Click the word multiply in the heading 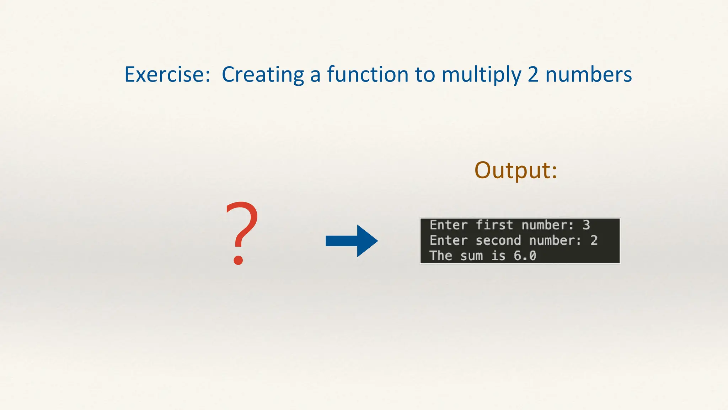point(481,75)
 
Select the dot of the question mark point(238,260)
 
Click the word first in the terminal point(494,225)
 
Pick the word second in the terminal point(498,241)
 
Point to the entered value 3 point(586,225)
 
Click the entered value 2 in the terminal point(594,241)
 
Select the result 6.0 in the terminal point(525,256)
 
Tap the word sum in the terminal point(471,256)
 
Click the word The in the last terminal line point(440,256)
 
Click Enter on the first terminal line point(448,225)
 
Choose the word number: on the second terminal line point(555,241)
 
